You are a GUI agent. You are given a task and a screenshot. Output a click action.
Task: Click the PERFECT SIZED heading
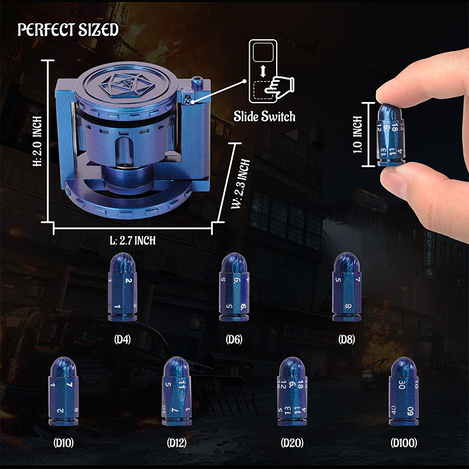click(x=68, y=30)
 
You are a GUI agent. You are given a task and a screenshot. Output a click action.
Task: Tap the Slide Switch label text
click(x=264, y=116)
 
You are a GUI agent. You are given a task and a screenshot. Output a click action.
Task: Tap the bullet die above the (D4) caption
click(x=122, y=290)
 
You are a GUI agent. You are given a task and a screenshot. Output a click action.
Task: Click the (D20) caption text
click(x=291, y=444)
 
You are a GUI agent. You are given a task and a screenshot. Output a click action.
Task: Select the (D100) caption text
click(x=405, y=444)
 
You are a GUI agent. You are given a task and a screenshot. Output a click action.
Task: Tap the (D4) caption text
click(x=122, y=339)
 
